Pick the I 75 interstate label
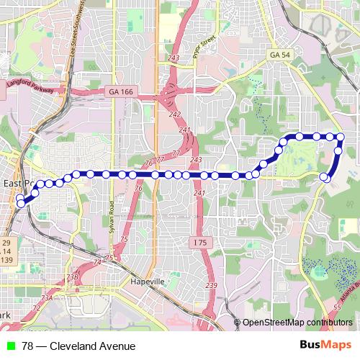tap(199, 243)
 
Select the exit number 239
tap(211, 286)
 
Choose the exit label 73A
tap(47, 297)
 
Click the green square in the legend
tap(11, 346)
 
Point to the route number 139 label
tap(7, 259)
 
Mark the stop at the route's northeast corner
tap(341, 137)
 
